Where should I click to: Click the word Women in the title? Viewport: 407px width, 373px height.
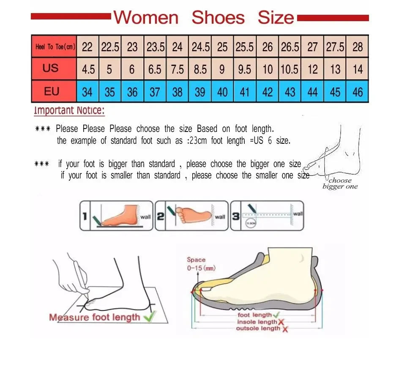click(146, 18)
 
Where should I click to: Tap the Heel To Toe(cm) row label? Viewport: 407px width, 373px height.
click(55, 47)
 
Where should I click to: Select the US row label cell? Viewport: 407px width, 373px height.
click(51, 68)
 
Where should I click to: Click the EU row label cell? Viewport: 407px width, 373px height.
click(51, 91)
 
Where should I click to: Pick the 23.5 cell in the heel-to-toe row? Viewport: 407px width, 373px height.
click(155, 47)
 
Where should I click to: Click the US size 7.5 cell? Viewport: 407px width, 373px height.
click(178, 69)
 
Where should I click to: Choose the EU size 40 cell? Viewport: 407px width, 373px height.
click(222, 92)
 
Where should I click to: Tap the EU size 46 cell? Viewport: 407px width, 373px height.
click(358, 92)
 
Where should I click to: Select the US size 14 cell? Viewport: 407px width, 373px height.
click(358, 69)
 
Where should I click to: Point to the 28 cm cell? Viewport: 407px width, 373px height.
click(358, 47)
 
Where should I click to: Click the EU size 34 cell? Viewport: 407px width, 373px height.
click(87, 92)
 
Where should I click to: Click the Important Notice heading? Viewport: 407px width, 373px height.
click(69, 111)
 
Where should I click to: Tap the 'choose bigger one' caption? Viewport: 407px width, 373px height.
click(340, 184)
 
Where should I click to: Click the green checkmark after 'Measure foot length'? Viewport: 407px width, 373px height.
click(149, 316)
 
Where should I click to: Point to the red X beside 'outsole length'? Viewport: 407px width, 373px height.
click(285, 329)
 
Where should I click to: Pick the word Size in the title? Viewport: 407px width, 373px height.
click(276, 18)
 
